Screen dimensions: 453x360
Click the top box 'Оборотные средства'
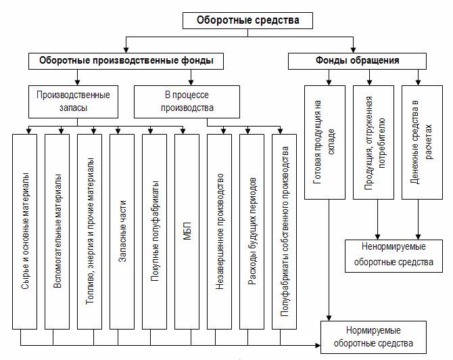tap(247, 20)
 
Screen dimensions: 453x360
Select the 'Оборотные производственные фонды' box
tap(126, 61)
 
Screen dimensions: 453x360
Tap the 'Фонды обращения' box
tap(357, 61)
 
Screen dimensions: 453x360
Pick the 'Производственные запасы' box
tap(73, 102)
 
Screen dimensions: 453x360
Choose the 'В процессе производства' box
tap(187, 102)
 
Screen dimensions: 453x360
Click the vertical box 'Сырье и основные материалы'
tap(24, 231)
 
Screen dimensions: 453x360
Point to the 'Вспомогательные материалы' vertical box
tap(57, 231)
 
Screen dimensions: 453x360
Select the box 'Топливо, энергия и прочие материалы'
tap(89, 231)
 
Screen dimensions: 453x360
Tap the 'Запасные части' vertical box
tap(122, 231)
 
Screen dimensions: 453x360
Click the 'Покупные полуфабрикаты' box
tap(154, 231)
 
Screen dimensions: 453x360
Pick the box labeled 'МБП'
tap(187, 231)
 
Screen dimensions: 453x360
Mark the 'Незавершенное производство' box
tap(219, 231)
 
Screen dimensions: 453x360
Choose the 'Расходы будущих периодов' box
tap(252, 231)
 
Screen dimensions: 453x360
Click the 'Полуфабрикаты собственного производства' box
tap(284, 231)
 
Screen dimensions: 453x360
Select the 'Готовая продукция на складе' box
tap(325, 142)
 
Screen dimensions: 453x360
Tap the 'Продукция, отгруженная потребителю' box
tap(373, 142)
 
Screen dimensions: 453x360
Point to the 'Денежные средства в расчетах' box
tap(422, 142)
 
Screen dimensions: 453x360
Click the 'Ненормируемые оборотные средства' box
tap(394, 256)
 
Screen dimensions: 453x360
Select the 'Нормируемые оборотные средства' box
tap(373, 337)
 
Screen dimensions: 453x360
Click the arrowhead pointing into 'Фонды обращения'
tap(353, 49)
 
